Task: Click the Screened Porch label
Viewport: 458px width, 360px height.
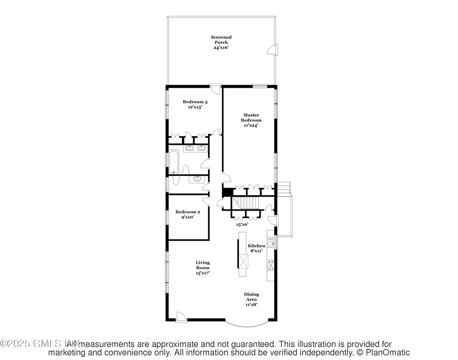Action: click(x=221, y=42)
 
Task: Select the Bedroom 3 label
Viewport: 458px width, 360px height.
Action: click(x=195, y=102)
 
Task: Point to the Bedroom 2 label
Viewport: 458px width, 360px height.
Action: click(x=187, y=212)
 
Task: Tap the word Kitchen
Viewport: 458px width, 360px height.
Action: click(x=256, y=246)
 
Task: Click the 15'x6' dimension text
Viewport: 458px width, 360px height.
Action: click(x=242, y=224)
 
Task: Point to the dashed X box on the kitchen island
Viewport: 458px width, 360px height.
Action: click(x=243, y=261)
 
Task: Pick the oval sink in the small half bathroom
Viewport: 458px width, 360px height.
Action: click(x=197, y=179)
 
